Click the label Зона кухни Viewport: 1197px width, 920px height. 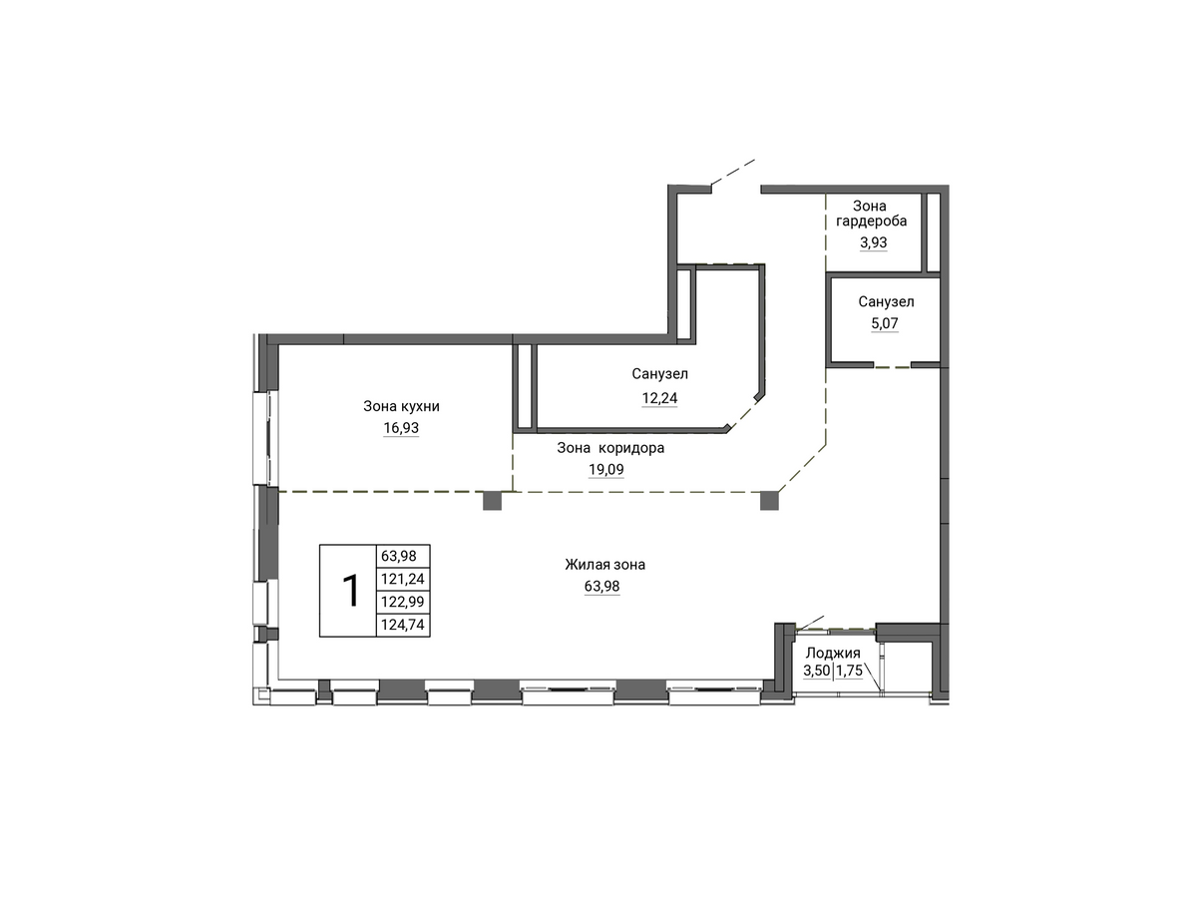(x=401, y=406)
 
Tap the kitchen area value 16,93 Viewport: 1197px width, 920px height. (x=401, y=428)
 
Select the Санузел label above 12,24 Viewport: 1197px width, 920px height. (x=660, y=374)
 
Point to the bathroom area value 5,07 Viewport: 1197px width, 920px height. (x=885, y=323)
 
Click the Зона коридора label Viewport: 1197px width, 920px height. (x=610, y=448)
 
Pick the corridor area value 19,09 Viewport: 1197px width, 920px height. (x=605, y=469)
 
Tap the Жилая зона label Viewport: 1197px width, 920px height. (x=604, y=565)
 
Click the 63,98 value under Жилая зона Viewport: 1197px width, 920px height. (x=602, y=586)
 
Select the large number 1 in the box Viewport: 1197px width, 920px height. (x=350, y=591)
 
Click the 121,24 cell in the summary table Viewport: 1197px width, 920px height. (x=403, y=579)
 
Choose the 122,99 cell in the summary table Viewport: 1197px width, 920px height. (x=403, y=602)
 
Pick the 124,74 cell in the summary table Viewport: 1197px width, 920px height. (x=403, y=625)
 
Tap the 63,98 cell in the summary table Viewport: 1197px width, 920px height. (x=399, y=556)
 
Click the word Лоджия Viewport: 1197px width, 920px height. (x=833, y=654)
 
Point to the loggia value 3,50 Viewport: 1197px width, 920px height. (x=816, y=671)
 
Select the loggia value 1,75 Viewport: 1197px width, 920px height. (x=850, y=671)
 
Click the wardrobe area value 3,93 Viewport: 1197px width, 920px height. (x=874, y=242)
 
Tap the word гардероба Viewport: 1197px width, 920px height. (x=872, y=222)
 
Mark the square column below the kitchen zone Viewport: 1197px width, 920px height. (x=493, y=501)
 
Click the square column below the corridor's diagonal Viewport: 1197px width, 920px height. (x=769, y=501)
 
